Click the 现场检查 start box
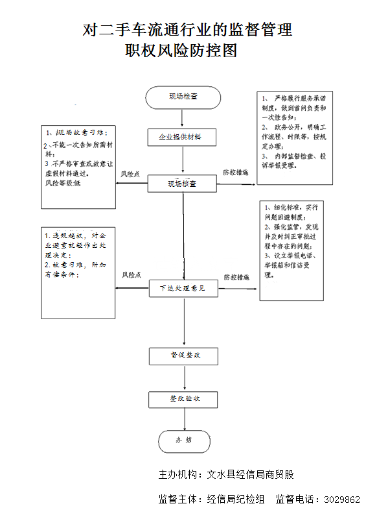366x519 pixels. coord(183,97)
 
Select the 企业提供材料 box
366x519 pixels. coord(183,138)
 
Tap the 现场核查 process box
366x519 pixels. coord(183,184)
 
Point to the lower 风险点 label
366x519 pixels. coord(132,275)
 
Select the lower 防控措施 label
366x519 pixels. coord(236,277)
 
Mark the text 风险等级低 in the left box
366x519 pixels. coord(63,184)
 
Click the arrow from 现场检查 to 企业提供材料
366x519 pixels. coord(183,118)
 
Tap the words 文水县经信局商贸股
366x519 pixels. coord(250,475)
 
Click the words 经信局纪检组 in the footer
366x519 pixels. coord(236,500)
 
